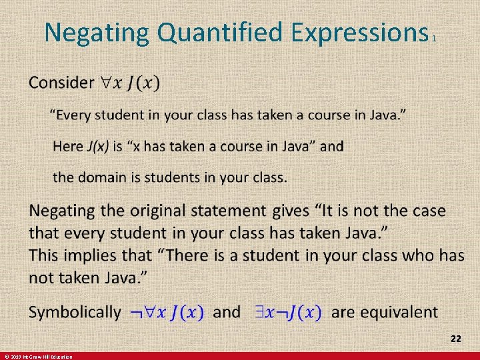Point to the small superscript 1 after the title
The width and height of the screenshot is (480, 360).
click(434, 39)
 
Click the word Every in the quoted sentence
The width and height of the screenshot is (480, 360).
click(73, 115)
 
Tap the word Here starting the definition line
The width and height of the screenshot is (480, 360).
click(67, 146)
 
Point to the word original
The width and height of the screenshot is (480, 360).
click(147, 211)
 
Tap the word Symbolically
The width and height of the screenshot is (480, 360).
click(75, 312)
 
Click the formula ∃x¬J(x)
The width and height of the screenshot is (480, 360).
click(288, 312)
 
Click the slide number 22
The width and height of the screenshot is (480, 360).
click(455, 339)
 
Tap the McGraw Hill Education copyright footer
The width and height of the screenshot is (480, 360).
click(37, 357)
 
